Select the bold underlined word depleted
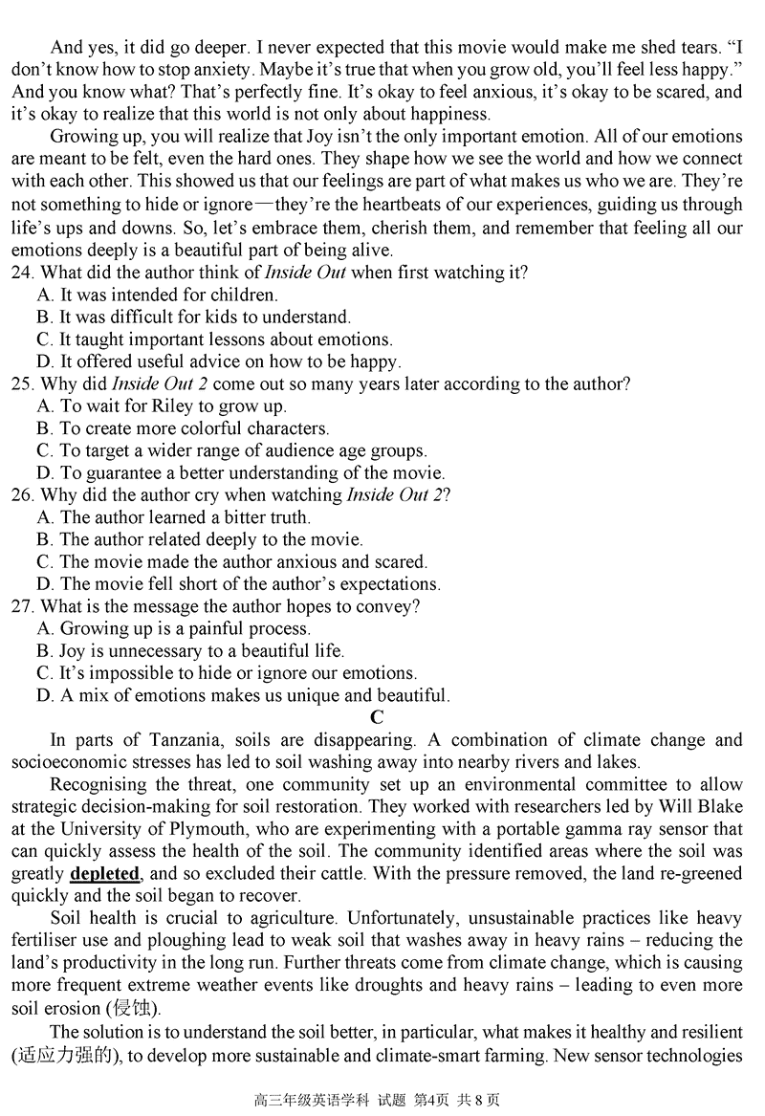coord(105,874)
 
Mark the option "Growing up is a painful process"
coord(174,629)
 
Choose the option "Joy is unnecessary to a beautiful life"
coord(190,651)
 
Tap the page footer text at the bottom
coord(382,1100)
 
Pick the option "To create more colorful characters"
coord(183,428)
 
